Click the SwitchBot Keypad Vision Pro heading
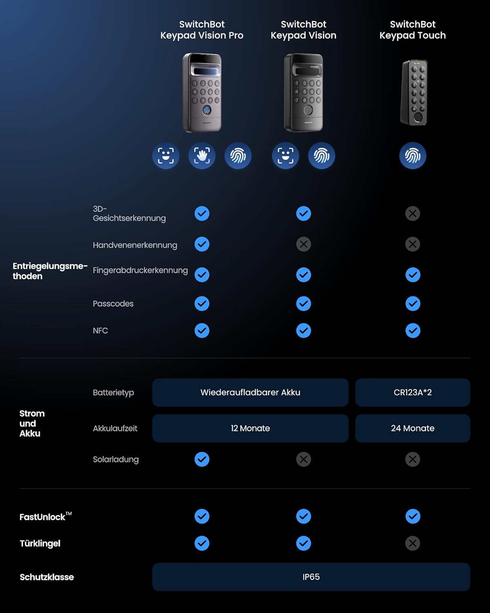202,30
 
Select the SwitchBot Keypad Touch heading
412,30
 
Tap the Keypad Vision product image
303,93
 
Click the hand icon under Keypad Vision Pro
202,156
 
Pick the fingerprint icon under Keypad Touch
412,156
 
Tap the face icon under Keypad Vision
285,156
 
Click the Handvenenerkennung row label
135,245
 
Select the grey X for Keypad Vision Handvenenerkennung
303,244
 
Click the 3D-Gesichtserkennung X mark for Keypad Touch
412,213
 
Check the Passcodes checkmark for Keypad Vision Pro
202,303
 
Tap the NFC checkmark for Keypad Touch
412,331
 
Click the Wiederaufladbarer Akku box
250,392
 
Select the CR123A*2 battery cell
412,392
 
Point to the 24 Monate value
412,428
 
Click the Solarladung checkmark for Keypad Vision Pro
202,459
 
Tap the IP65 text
311,577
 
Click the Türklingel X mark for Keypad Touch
412,543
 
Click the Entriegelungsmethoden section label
50,271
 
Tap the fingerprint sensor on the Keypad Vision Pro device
207,110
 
